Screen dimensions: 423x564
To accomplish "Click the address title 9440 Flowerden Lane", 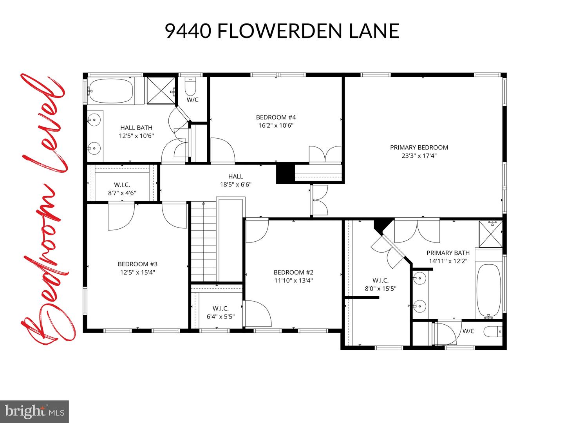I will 282,31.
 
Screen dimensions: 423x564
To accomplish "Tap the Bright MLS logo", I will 34,411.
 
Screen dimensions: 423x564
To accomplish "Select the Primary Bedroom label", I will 419,147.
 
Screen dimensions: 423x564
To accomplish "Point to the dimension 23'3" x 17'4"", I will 419,156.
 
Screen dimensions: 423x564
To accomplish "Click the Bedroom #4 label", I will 276,117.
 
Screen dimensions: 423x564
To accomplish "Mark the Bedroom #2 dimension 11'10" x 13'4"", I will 293,280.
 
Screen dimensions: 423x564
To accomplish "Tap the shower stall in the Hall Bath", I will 161,91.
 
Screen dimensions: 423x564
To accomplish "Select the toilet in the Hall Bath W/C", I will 190,87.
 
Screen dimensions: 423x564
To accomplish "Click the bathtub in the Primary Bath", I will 488,291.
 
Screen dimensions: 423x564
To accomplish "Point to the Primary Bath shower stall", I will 491,234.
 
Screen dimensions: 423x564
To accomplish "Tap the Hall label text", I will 235,176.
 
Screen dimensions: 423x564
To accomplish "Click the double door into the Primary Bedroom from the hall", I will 320,200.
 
